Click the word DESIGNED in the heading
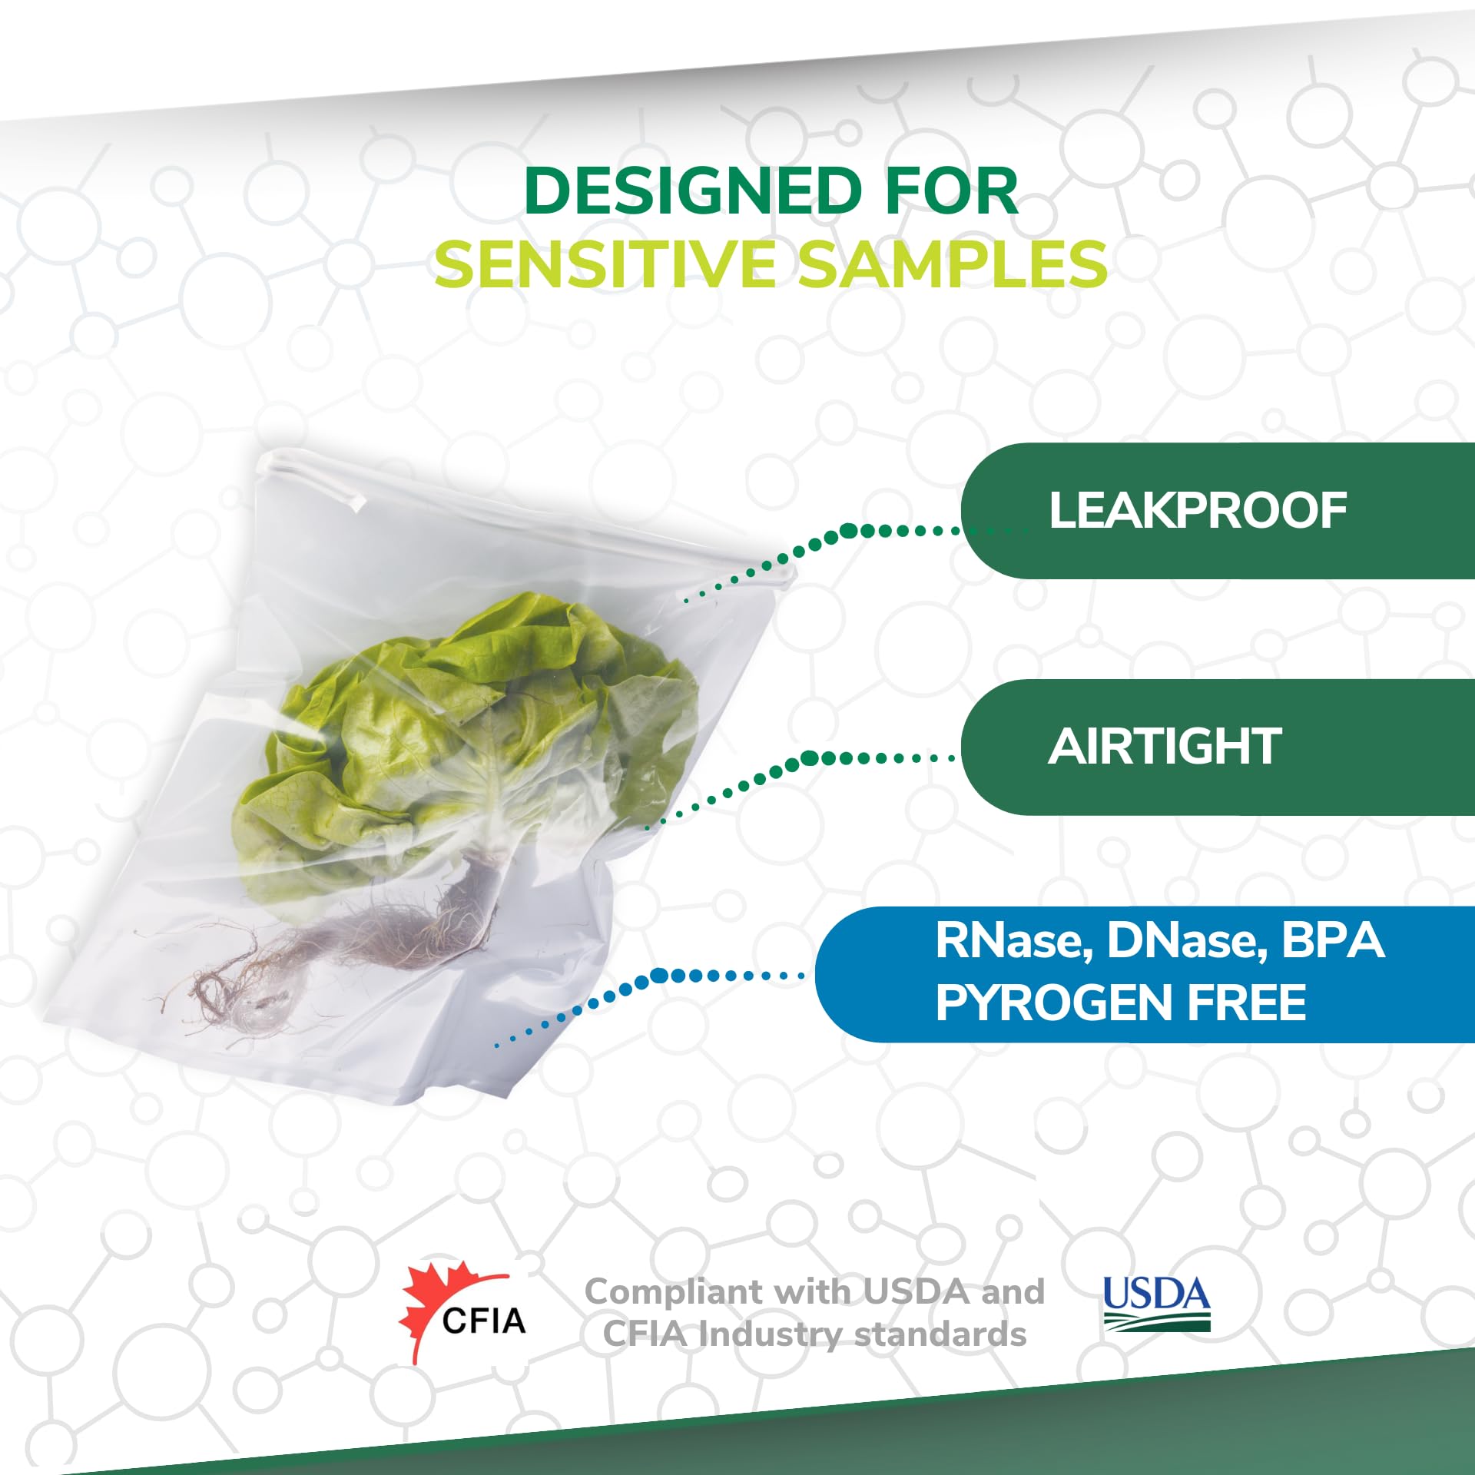pos(694,191)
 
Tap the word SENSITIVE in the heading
pos(605,264)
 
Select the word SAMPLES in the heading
pos(951,264)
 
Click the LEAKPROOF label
pos(1197,511)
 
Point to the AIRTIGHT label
pos(1165,747)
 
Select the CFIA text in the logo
pos(484,1321)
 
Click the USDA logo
pos(1156,1304)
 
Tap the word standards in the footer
pos(940,1335)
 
